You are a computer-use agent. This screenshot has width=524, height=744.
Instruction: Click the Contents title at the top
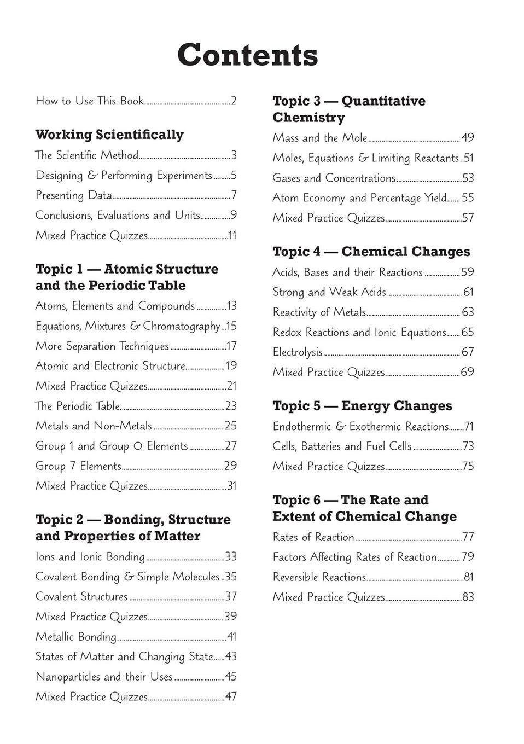coord(247,55)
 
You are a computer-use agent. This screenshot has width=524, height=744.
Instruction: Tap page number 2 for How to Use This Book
coord(234,101)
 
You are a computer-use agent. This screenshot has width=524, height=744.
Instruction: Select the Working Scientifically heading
coord(109,135)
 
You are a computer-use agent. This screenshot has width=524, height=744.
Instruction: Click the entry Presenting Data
coord(74,195)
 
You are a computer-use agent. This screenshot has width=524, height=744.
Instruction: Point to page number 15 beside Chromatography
coord(231,326)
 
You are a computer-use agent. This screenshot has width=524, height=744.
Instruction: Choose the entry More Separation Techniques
coord(102,346)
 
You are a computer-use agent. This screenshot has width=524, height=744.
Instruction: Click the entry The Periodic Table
coord(77,406)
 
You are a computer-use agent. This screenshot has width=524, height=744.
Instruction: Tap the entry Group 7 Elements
coord(78,466)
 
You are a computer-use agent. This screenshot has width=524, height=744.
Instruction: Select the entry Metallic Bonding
coord(76,637)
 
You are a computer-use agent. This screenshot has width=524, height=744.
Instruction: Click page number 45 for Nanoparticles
coord(231,677)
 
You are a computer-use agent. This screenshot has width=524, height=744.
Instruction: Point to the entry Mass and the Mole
coord(320,138)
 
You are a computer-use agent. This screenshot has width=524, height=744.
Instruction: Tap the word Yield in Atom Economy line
coord(435,198)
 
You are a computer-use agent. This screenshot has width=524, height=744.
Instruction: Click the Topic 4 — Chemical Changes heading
coord(371,252)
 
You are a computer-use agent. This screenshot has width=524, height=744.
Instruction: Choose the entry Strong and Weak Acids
coord(329,292)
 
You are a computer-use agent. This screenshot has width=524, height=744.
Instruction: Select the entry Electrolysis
coord(298,352)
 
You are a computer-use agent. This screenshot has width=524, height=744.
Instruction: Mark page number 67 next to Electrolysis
coord(468,352)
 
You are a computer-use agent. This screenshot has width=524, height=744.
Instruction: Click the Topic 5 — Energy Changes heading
coord(362,406)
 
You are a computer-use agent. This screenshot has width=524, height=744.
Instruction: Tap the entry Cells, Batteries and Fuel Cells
coord(342,446)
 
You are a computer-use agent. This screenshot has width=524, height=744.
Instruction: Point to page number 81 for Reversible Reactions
coord(468,577)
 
